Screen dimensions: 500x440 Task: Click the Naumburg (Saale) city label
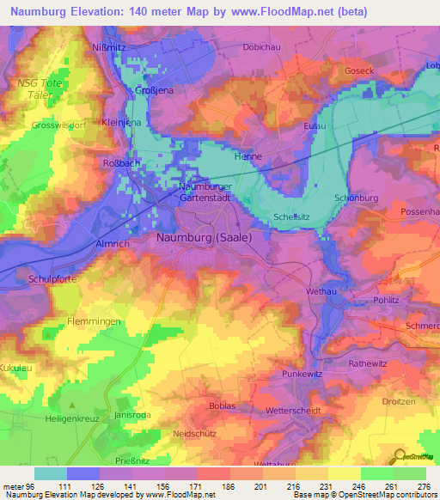203,237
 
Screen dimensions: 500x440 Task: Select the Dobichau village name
263,47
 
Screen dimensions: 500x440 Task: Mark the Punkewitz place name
302,375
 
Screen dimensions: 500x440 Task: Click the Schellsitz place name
292,217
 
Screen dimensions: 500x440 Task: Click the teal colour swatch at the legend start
50,473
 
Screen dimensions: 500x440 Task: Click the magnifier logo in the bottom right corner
400,455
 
